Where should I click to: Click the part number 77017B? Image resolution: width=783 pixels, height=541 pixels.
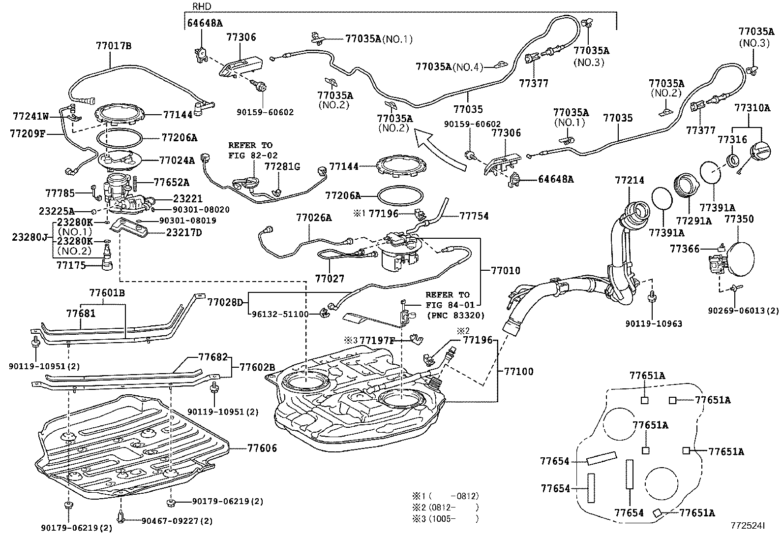point(114,46)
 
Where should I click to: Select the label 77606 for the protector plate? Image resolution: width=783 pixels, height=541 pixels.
point(262,448)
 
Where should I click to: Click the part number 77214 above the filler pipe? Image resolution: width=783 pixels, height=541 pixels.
point(629,181)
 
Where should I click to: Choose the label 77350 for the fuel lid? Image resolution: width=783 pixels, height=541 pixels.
point(739,219)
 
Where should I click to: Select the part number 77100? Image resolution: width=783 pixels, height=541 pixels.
point(518,371)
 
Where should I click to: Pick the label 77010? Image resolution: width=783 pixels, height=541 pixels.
point(506,271)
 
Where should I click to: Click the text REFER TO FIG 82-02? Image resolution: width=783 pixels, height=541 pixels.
point(250,150)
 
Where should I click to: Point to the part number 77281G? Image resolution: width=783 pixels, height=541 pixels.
point(282,167)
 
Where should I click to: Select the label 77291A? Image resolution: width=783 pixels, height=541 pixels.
point(693,221)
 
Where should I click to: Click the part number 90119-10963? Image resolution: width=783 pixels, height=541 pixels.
point(654,324)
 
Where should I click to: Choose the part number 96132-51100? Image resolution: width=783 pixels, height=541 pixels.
point(280,314)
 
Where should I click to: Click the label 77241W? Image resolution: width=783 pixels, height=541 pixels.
point(31,116)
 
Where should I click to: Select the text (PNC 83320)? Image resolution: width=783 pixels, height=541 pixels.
point(456,315)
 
